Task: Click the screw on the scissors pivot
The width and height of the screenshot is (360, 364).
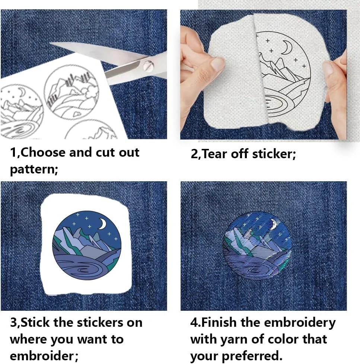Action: point(147,66)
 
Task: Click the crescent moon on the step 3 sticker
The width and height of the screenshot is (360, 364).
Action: point(102,224)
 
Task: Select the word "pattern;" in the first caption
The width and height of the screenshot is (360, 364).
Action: point(34,170)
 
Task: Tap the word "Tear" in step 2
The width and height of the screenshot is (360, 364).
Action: point(215,154)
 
